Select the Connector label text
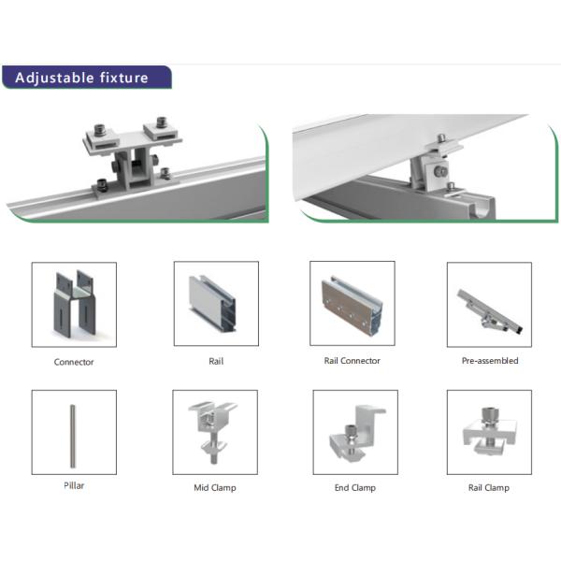click(x=74, y=362)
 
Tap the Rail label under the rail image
click(x=216, y=361)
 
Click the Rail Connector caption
click(x=352, y=361)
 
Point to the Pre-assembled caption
click(x=490, y=361)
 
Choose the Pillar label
click(x=74, y=485)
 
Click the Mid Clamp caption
click(x=215, y=488)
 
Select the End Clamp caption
click(x=355, y=488)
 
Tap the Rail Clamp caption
click(x=489, y=488)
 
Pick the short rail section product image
click(x=212, y=303)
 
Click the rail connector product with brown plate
click(x=352, y=305)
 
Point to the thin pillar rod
click(x=73, y=436)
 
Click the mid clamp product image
click(x=213, y=432)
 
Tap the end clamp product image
click(x=356, y=433)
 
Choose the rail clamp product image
click(x=489, y=431)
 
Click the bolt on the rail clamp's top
click(x=490, y=416)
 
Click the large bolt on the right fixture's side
click(x=440, y=172)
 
